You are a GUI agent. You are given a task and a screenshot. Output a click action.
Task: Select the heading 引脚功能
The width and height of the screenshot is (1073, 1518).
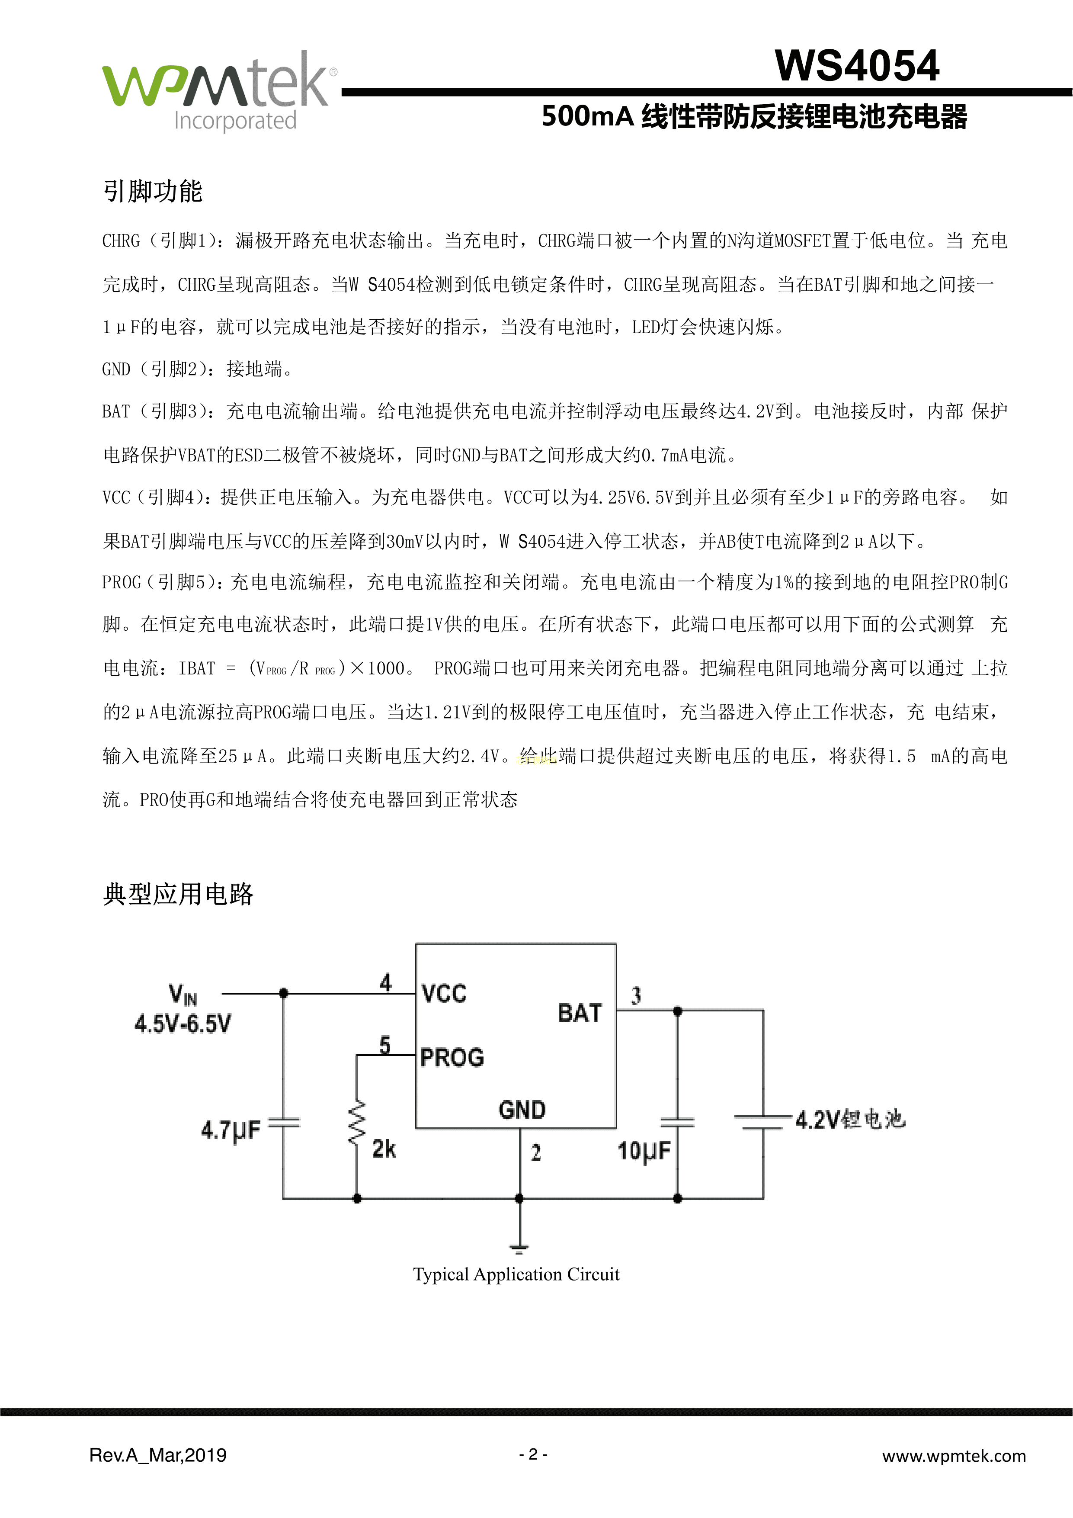153,191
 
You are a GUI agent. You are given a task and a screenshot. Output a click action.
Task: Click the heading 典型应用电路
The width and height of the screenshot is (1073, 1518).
178,894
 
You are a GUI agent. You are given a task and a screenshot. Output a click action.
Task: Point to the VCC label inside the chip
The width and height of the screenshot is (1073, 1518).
444,993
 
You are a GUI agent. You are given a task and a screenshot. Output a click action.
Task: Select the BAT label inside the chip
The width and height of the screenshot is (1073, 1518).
579,1013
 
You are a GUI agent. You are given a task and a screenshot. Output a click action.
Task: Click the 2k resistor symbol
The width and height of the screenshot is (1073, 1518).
357,1123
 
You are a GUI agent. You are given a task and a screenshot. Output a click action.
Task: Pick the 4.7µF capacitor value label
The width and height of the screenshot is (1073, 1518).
231,1129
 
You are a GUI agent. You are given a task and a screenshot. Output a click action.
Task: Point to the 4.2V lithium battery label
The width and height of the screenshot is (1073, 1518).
849,1119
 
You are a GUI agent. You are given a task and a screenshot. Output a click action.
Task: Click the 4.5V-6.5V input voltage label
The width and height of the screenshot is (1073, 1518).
183,1024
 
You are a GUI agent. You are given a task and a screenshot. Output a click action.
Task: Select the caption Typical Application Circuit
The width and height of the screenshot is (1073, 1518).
516,1274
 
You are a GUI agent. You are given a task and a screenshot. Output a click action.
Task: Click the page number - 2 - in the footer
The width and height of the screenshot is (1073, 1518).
533,1454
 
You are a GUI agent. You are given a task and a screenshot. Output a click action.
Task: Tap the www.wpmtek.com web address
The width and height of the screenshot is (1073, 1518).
953,1455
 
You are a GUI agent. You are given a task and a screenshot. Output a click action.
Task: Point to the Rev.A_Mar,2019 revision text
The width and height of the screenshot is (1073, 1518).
158,1455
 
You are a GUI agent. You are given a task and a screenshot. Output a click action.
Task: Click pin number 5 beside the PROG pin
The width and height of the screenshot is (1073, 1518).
385,1045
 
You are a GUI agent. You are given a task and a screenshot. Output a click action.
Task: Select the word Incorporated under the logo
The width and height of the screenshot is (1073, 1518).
235,121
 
